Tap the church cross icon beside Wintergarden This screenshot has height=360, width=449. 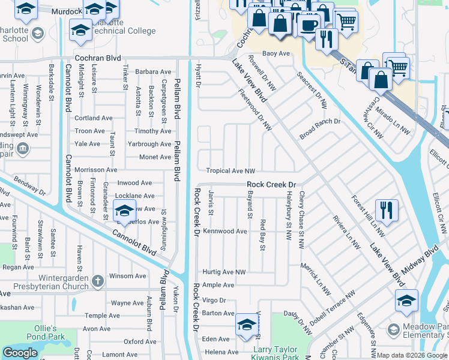pyautogui.click(x=98, y=280)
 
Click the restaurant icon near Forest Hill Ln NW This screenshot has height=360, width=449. pyautogui.click(x=387, y=210)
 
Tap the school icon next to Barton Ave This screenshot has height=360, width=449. pyautogui.click(x=246, y=325)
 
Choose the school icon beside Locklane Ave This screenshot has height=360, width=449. pyautogui.click(x=124, y=211)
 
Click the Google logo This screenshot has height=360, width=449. pyautogui.click(x=20, y=353)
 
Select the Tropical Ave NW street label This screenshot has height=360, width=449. pyautogui.click(x=231, y=171)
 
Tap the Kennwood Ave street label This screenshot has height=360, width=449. pyautogui.click(x=225, y=231)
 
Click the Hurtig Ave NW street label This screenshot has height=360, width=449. pyautogui.click(x=224, y=272)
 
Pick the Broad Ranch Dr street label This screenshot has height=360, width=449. pyautogui.click(x=320, y=129)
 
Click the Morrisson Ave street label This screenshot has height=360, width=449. pyautogui.click(x=95, y=170)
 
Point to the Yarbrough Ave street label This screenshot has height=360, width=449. pyautogui.click(x=149, y=144)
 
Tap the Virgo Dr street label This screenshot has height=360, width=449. pyautogui.click(x=214, y=300)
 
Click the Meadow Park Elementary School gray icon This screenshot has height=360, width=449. pyautogui.click(x=393, y=329)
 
